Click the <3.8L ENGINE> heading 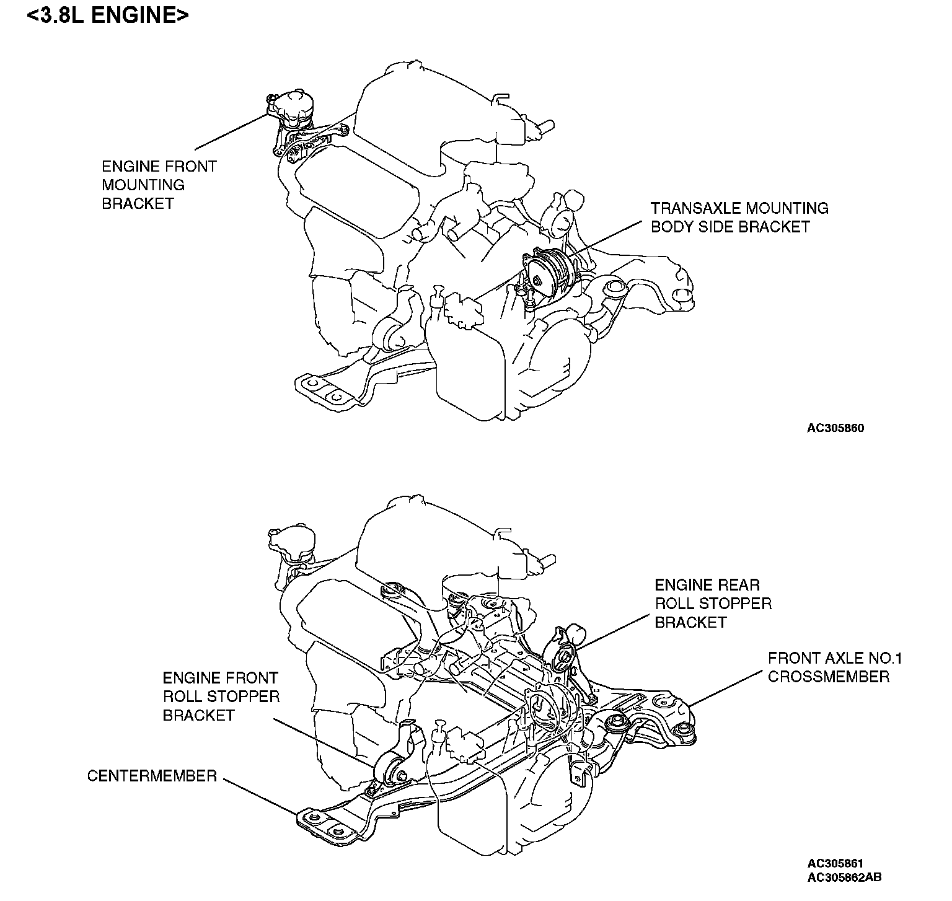(107, 15)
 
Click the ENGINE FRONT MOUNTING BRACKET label (159, 185)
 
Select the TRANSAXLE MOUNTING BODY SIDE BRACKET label (739, 217)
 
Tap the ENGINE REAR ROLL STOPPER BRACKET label (713, 603)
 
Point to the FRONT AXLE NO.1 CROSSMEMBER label (834, 667)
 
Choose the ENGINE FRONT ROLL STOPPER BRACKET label (221, 697)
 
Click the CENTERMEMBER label (152, 776)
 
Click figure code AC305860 (835, 428)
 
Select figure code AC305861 (835, 863)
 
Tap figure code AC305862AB (844, 877)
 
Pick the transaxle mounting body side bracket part (545, 273)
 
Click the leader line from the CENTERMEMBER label (260, 796)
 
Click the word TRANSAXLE (694, 208)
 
